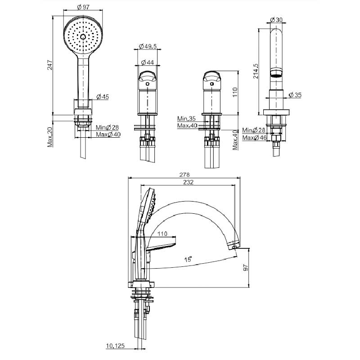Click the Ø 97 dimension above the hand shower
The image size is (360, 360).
pyautogui.click(x=83, y=7)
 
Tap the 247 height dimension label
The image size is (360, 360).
pyautogui.click(x=50, y=65)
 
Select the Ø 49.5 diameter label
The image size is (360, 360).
pyautogui.click(x=148, y=46)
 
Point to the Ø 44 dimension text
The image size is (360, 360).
pyautogui.click(x=147, y=62)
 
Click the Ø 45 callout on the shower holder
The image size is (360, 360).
pyautogui.click(x=103, y=97)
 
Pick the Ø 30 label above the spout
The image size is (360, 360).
pyautogui.click(x=276, y=20)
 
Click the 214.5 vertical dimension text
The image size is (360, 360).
pyautogui.click(x=256, y=71)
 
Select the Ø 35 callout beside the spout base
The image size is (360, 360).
pyautogui.click(x=295, y=95)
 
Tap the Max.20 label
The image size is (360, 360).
pyautogui.click(x=50, y=137)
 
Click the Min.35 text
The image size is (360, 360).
pyautogui.click(x=186, y=118)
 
